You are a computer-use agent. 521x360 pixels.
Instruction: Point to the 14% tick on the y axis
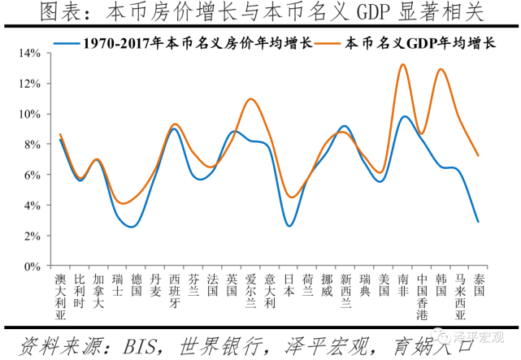coord(30,53)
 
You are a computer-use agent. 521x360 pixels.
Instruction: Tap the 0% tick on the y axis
coord(33,266)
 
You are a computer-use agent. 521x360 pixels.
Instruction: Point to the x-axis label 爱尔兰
coord(251,291)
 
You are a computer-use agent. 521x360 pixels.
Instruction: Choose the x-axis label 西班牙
coord(175,291)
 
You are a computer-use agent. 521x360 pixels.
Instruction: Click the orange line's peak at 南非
coord(403,64)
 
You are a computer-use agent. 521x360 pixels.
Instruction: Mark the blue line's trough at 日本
coord(289,225)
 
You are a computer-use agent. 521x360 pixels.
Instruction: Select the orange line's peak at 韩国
coord(441,69)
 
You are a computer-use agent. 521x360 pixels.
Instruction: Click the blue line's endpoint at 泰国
coord(479,222)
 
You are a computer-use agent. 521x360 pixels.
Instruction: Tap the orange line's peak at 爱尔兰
coord(251,99)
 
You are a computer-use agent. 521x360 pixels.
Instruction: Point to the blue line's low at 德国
coord(135,227)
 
